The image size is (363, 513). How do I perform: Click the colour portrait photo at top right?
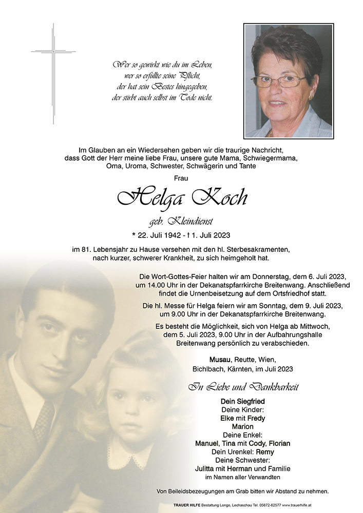coord(288,81)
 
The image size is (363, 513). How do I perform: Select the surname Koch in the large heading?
coord(220,198)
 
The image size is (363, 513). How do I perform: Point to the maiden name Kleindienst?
coord(191,222)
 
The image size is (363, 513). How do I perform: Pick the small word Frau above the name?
coord(181,177)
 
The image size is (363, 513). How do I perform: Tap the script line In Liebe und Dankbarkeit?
coord(243,387)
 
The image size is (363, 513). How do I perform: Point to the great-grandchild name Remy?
coord(265,452)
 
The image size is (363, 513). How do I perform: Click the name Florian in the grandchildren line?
coord(277,443)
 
